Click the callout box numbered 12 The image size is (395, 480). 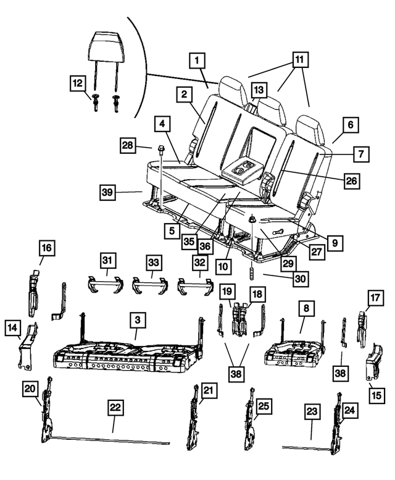77,82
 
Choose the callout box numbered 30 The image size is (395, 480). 300,279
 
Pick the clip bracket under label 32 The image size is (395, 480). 194,285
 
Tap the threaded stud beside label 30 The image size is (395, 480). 252,274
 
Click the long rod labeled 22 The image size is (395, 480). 111,440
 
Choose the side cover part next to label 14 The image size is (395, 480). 28,350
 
